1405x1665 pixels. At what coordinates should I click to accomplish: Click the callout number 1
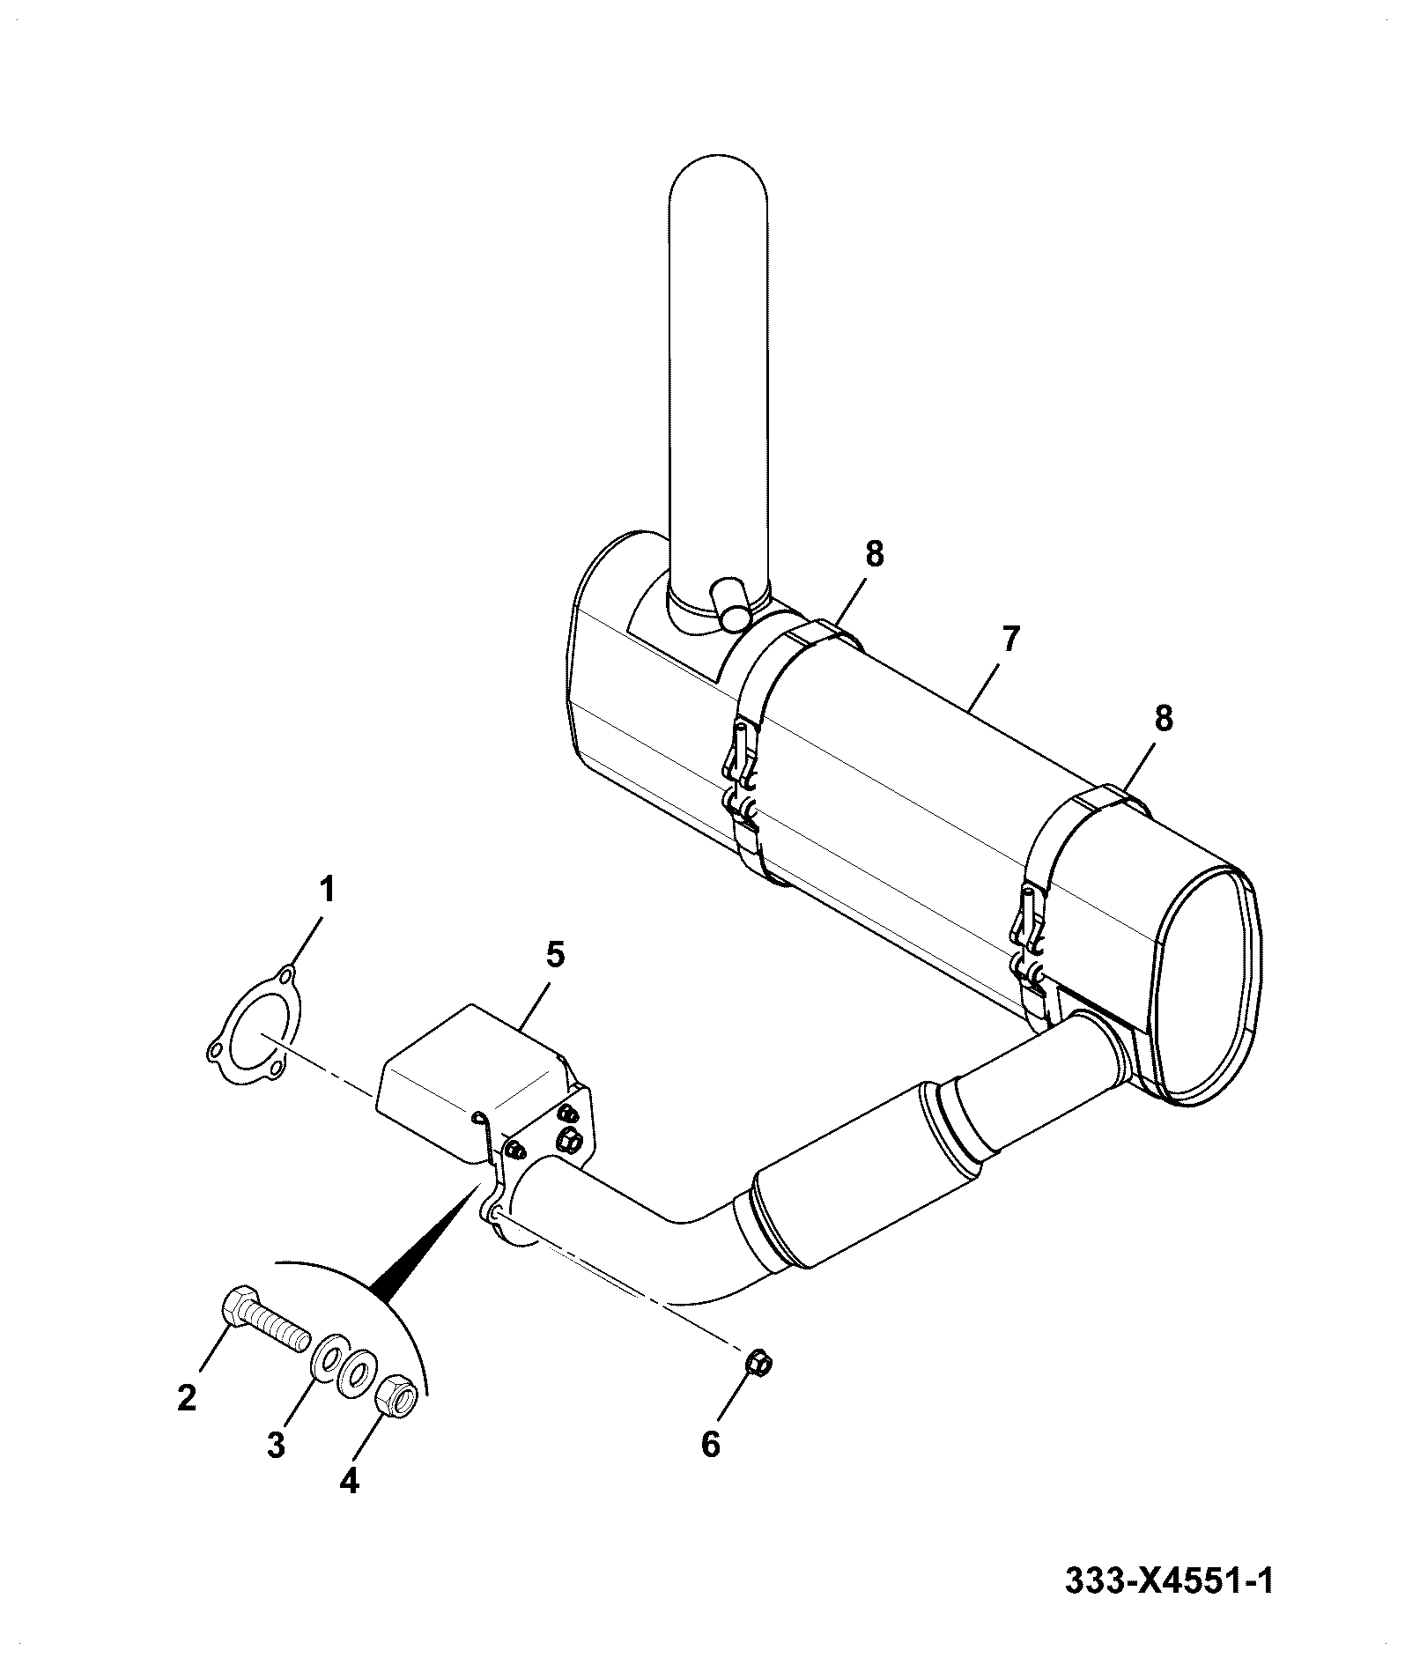coord(326,890)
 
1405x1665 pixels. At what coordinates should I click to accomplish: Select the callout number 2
coord(186,1398)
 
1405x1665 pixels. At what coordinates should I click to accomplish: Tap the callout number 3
coord(277,1445)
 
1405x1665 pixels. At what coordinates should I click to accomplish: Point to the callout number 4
coord(349,1482)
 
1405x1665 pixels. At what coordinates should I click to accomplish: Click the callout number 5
coord(555,956)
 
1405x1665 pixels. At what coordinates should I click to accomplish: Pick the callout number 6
coord(711,1445)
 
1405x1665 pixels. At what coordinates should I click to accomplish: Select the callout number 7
coord(1009,639)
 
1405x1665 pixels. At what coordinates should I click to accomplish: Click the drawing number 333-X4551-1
coord(1169,1580)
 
